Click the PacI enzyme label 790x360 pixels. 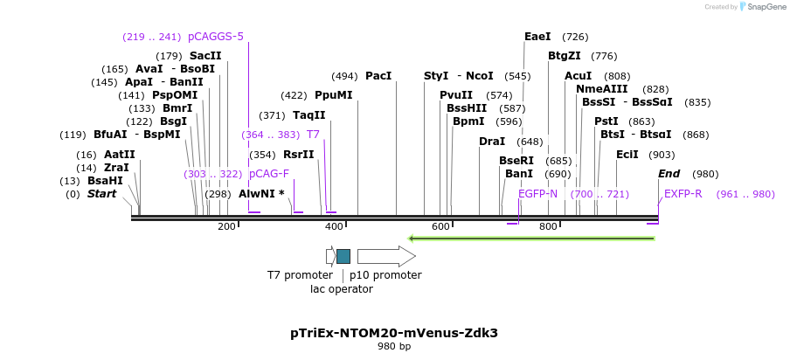(x=378, y=76)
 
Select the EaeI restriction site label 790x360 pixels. (x=537, y=37)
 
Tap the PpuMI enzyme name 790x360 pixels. (x=334, y=95)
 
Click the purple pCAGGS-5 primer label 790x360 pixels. (x=216, y=37)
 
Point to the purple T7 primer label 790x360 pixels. (x=313, y=135)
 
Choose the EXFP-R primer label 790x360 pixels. (x=683, y=194)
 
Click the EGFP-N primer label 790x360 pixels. (x=537, y=194)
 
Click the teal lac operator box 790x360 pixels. (x=343, y=256)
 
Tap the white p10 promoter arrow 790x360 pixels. (x=385, y=256)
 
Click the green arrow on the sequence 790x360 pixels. (x=533, y=237)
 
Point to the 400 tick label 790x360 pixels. (x=334, y=227)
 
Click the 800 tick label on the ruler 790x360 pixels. (x=548, y=227)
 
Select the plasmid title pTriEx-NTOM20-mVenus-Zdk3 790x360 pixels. (x=394, y=333)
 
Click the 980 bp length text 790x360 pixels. (x=394, y=347)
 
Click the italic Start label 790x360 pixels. (x=101, y=194)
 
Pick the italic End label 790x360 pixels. (x=669, y=174)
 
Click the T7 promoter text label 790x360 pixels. (x=300, y=275)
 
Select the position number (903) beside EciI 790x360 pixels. (x=662, y=155)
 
